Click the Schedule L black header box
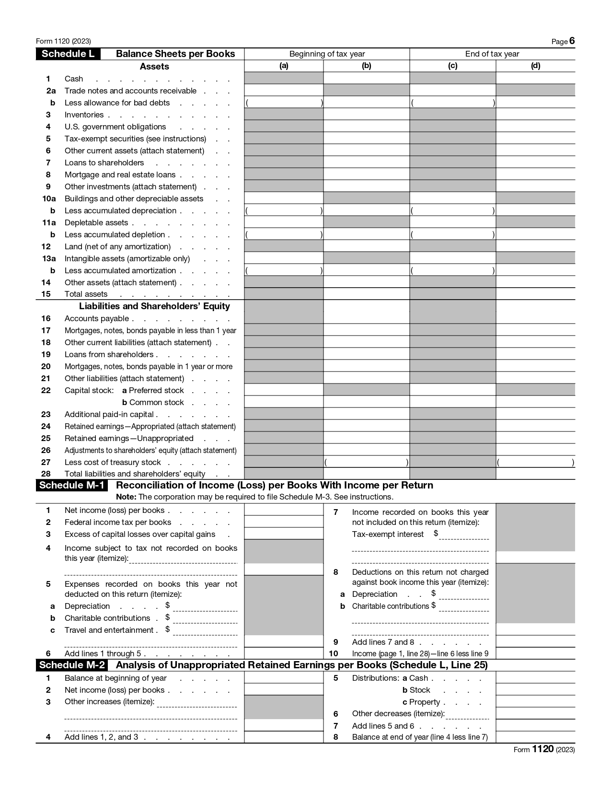point(68,54)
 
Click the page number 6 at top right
point(572,41)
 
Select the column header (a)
point(284,66)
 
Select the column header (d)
point(535,66)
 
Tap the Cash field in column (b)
point(366,78)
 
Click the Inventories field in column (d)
point(535,114)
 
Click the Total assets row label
point(86,294)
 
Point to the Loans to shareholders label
point(104,163)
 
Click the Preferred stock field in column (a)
point(284,390)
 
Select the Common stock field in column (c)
point(452,402)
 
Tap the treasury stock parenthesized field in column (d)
point(535,462)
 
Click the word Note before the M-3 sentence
point(126,497)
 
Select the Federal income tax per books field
point(284,522)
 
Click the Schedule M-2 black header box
point(72,665)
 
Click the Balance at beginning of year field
point(284,677)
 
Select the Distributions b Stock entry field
point(535,689)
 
